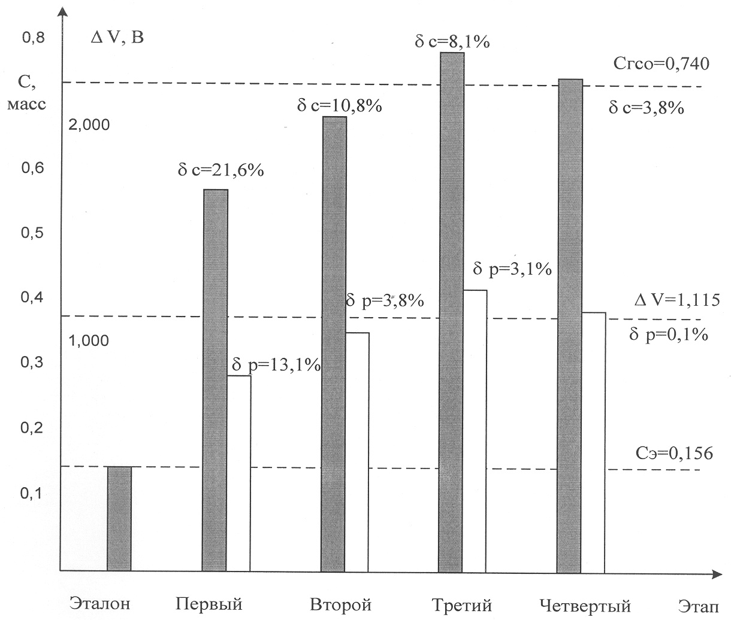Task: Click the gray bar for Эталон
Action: coord(119,518)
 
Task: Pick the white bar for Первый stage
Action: coord(239,473)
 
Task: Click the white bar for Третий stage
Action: coord(475,430)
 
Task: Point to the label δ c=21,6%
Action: coord(220,171)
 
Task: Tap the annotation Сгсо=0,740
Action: coord(661,63)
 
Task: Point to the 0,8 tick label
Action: coord(34,38)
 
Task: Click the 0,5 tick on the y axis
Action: coord(34,233)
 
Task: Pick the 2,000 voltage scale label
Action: coord(89,125)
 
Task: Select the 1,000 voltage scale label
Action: coord(89,341)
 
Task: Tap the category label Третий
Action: coord(461,604)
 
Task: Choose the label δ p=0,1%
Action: coord(669,335)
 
